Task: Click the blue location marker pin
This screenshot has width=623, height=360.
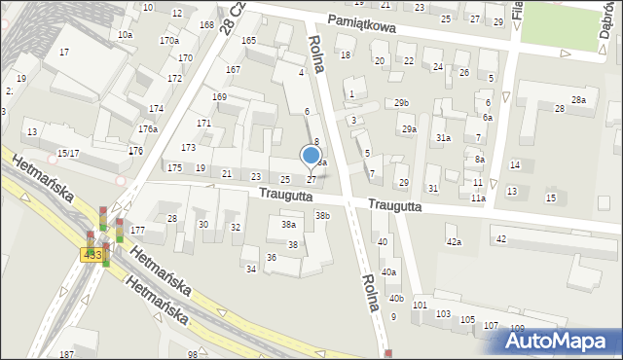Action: (x=311, y=156)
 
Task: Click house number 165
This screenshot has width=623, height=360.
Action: (x=249, y=41)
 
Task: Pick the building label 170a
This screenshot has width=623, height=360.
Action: (x=169, y=41)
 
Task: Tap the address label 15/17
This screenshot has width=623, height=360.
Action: (x=68, y=154)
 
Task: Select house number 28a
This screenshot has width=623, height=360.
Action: (x=579, y=100)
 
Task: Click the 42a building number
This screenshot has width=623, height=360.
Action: (x=453, y=241)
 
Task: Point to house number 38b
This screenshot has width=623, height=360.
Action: (x=322, y=216)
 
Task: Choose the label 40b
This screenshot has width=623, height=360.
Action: (x=395, y=299)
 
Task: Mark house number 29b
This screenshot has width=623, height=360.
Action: (x=401, y=103)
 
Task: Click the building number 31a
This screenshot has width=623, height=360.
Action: (x=443, y=138)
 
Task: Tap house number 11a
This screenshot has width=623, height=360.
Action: (x=478, y=198)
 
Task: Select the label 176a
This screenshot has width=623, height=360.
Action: (x=147, y=129)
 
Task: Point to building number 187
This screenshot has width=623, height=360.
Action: (x=66, y=355)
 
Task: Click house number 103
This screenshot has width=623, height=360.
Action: (x=443, y=314)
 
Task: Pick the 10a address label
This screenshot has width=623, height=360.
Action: (x=125, y=35)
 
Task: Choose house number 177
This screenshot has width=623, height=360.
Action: (x=137, y=231)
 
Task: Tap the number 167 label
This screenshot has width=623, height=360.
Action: (x=233, y=70)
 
